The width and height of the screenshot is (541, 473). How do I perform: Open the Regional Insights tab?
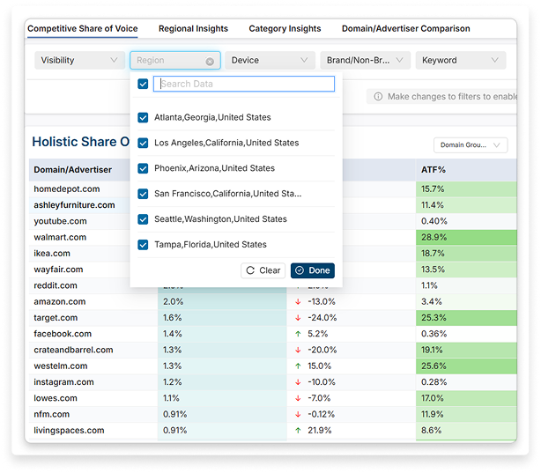[x=193, y=28]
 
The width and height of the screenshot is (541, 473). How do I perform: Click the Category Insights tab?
[x=285, y=28]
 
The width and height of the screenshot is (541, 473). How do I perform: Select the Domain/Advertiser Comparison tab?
[x=405, y=28]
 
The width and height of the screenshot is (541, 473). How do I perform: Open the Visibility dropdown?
[x=79, y=61]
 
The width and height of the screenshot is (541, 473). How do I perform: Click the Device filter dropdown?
[x=270, y=61]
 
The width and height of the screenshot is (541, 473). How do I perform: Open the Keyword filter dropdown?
[x=460, y=61]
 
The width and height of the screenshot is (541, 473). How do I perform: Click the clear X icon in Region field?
[x=210, y=62]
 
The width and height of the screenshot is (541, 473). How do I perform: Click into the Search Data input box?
[x=244, y=84]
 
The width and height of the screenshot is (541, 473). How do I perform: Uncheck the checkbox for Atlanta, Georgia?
[x=143, y=117]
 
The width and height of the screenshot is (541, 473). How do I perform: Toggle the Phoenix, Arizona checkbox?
[x=143, y=168]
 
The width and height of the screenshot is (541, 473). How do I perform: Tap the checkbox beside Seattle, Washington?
[x=143, y=219]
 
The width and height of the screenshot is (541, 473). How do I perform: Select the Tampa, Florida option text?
[x=210, y=245]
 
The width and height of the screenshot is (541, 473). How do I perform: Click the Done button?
[x=313, y=270]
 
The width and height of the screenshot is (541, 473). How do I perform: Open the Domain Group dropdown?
[x=470, y=145]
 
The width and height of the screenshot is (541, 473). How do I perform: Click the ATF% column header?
[x=433, y=169]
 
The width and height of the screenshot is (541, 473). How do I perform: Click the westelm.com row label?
[x=60, y=366]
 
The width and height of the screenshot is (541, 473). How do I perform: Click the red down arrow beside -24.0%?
[x=299, y=318]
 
